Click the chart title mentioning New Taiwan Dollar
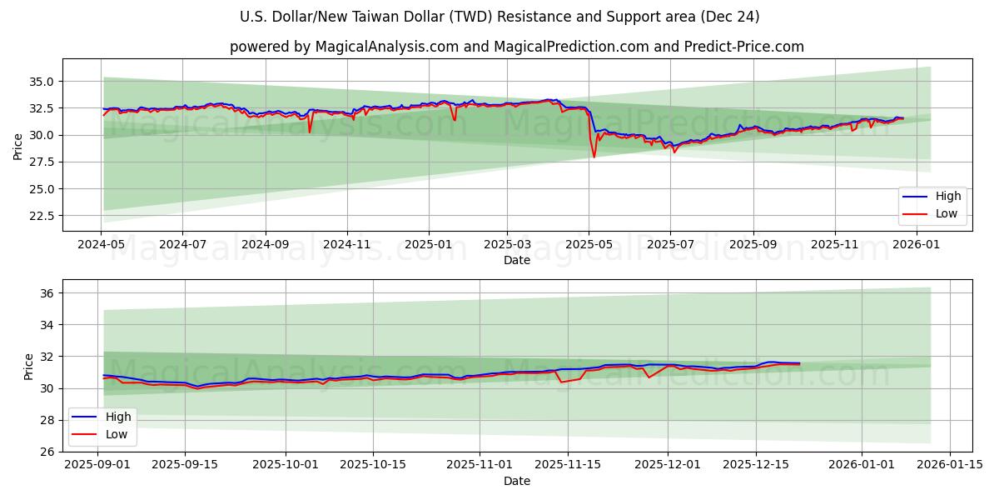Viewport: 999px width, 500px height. click(x=499, y=17)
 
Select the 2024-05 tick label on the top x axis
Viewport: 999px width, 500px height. click(x=101, y=245)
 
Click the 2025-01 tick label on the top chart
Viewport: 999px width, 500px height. click(x=429, y=245)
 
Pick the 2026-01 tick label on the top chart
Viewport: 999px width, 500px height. click(x=916, y=245)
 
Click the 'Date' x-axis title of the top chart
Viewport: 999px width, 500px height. click(x=516, y=260)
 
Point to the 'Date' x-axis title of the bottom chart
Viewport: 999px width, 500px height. click(x=516, y=481)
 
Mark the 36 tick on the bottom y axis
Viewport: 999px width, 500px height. click(x=47, y=293)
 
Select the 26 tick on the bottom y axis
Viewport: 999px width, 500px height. click(x=47, y=452)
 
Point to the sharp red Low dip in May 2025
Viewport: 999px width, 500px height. click(x=594, y=156)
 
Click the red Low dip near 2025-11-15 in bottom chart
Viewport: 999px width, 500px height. click(x=561, y=382)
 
